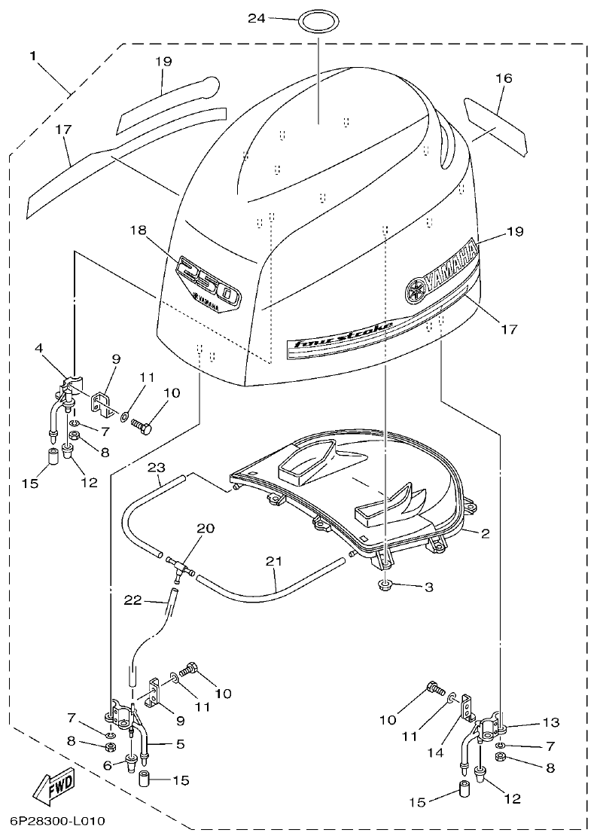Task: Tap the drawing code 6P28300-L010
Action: coord(57,820)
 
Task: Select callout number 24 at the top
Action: coord(257,18)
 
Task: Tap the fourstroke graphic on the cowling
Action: coord(343,335)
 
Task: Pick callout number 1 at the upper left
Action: coord(33,56)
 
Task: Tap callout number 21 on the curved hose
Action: coord(274,562)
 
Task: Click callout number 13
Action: coord(551,722)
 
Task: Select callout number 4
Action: coord(38,348)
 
